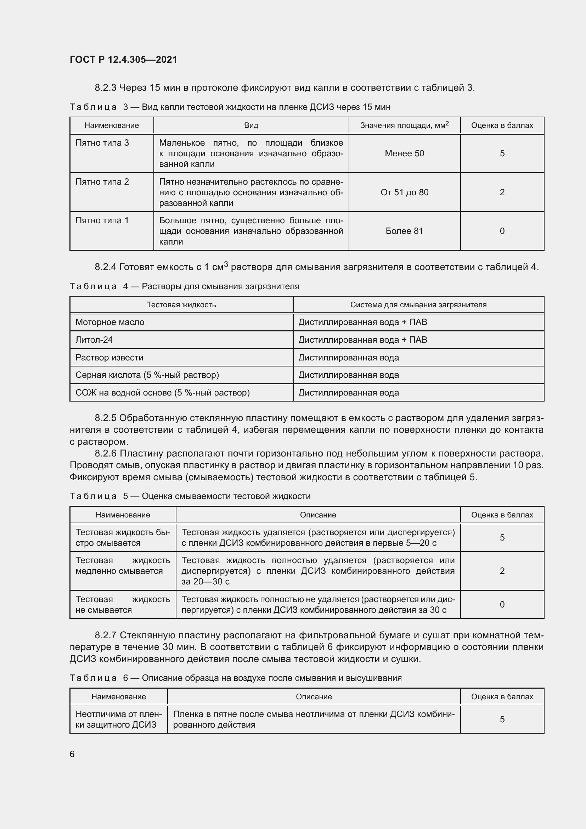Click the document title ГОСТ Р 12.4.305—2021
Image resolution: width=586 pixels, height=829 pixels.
(x=123, y=60)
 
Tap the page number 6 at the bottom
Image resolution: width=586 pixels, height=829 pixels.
(x=72, y=754)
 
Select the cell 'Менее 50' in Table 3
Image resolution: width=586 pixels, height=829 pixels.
(x=404, y=153)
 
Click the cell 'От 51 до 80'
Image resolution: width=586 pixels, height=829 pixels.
(x=404, y=192)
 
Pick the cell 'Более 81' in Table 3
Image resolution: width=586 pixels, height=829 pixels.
(x=404, y=231)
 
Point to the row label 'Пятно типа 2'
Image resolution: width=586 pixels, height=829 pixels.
(x=102, y=182)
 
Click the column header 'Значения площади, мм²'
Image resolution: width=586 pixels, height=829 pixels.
(x=404, y=125)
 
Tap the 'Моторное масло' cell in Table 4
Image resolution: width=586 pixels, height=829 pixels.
(x=110, y=323)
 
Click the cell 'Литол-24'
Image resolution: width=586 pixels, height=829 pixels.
(x=94, y=340)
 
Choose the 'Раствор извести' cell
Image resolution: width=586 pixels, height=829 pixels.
(x=109, y=358)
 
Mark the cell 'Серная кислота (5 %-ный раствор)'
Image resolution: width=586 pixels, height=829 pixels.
(x=147, y=375)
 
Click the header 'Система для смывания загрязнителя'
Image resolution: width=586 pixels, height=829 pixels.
(x=418, y=305)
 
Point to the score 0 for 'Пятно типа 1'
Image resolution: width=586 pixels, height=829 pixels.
(x=502, y=231)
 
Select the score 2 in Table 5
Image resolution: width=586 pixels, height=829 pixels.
(x=502, y=571)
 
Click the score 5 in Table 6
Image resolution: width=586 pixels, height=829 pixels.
(x=502, y=719)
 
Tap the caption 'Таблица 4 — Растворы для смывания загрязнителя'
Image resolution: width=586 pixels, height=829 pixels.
(x=184, y=287)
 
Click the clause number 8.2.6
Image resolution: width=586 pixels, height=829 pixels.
(x=105, y=454)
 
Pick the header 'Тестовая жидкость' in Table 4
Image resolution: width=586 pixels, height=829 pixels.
(x=181, y=305)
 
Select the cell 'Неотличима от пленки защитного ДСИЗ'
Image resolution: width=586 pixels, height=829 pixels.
(x=118, y=719)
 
